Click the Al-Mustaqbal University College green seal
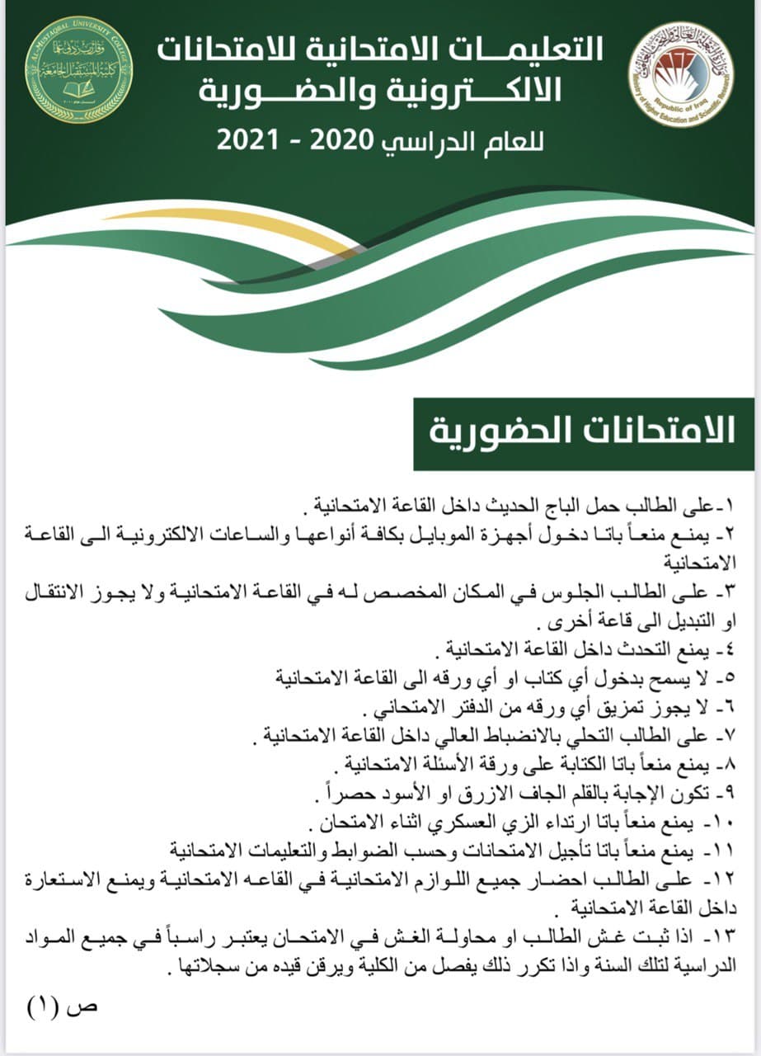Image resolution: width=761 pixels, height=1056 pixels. click(x=78, y=80)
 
